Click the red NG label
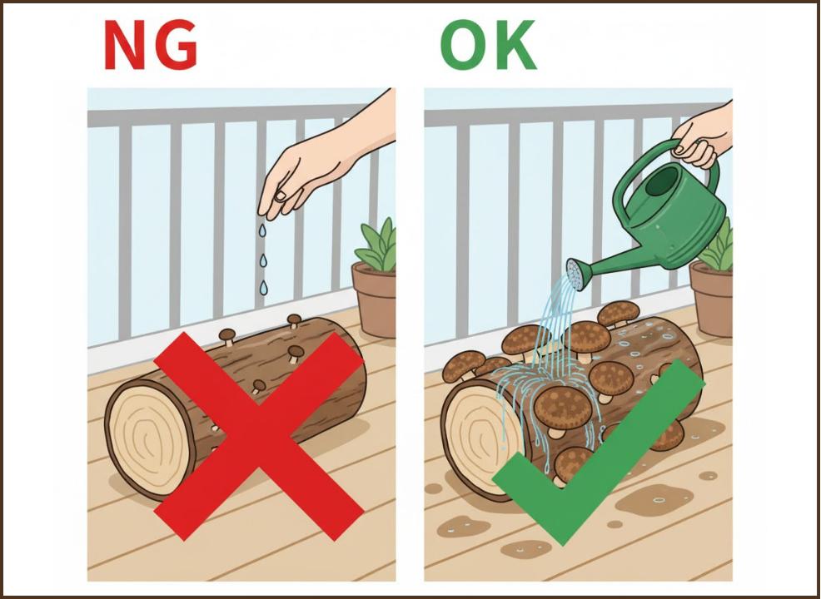click(x=151, y=46)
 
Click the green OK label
click(x=489, y=46)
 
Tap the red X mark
click(x=259, y=435)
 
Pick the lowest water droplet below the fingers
click(x=263, y=287)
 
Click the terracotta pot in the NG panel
click(x=375, y=299)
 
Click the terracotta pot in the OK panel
click(x=711, y=298)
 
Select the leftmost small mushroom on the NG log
click(x=227, y=336)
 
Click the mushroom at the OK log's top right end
click(x=619, y=314)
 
